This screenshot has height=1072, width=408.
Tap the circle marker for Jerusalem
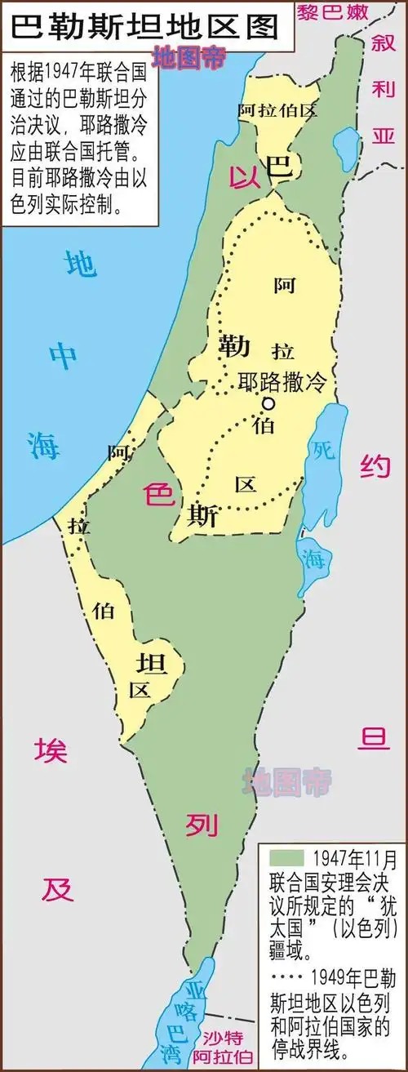pos(267,403)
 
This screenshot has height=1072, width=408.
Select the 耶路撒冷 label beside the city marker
pos(281,381)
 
